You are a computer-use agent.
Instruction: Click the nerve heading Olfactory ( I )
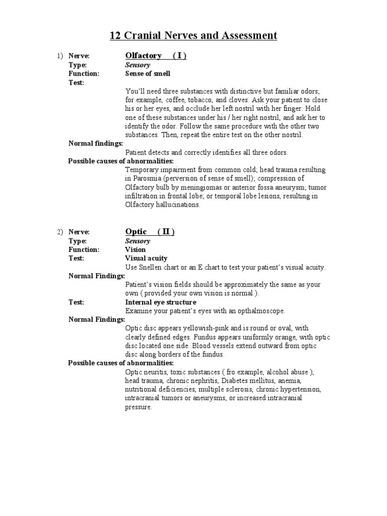[155, 56]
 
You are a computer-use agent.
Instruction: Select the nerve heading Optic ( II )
[150, 232]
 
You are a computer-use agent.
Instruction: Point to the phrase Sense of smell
[148, 74]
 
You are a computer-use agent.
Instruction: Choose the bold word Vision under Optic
[136, 249]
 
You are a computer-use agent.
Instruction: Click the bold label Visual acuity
[147, 259]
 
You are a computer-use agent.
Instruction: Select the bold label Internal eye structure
[160, 302]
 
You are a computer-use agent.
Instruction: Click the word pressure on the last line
[138, 407]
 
